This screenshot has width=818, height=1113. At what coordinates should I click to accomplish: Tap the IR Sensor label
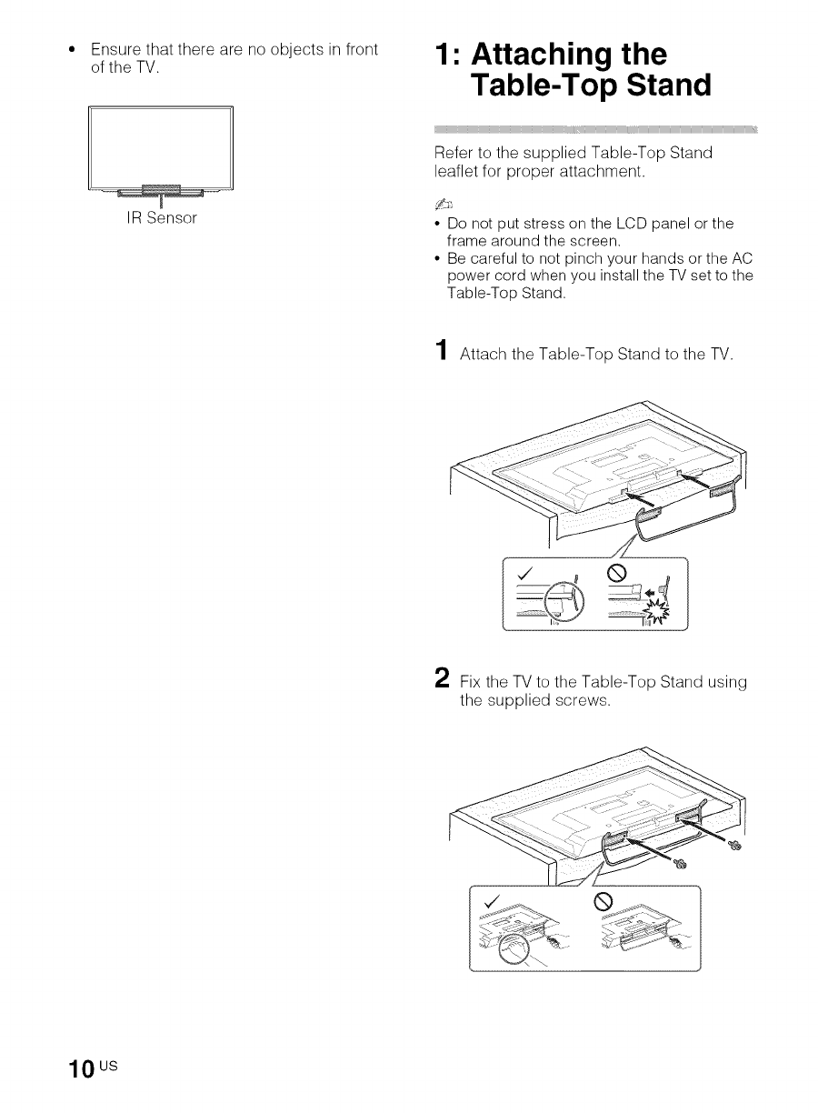click(x=161, y=219)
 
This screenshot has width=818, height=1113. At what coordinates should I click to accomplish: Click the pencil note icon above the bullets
click(x=443, y=204)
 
